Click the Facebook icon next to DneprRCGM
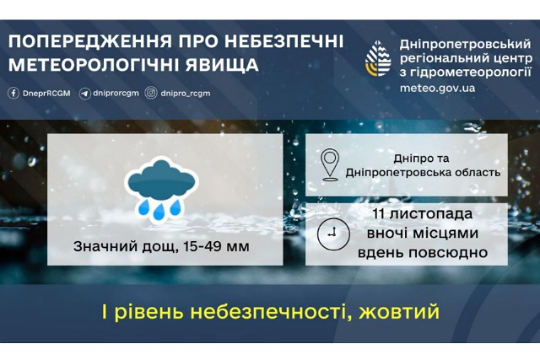click(13, 93)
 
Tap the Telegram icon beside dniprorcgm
click(84, 93)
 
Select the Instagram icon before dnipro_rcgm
click(149, 93)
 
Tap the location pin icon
click(332, 164)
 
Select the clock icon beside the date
click(332, 234)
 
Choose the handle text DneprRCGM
click(46, 93)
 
